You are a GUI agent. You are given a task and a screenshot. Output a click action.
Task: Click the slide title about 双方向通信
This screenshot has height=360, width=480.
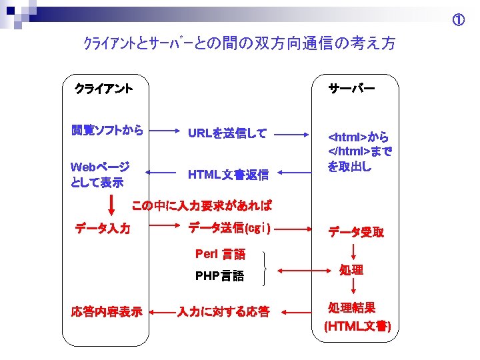pos(239,44)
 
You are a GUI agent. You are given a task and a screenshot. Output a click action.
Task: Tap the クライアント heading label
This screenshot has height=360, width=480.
pos(103,87)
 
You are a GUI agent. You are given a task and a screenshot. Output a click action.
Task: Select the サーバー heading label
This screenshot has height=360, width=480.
pos(351,87)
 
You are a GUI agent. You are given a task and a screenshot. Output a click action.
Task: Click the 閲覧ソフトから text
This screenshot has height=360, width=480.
pos(107,131)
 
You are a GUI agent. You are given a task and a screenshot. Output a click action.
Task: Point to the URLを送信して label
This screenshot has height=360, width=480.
pos(227,133)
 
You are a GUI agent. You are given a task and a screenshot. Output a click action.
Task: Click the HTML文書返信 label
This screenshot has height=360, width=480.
pos(228,175)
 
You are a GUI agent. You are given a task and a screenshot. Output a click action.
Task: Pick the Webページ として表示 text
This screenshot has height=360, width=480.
pos(100,173)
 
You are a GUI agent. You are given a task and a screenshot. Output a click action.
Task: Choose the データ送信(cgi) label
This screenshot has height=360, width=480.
pos(229,228)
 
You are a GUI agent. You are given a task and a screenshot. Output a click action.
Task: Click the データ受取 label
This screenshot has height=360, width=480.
pos(355,232)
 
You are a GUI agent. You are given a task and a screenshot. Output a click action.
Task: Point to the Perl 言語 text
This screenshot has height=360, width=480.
pos(220,253)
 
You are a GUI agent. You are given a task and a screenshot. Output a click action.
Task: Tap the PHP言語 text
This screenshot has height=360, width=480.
pos(219,275)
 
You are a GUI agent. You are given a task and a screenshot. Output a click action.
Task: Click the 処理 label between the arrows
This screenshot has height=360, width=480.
pos(351,269)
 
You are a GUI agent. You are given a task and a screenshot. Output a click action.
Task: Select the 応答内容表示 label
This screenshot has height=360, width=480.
pos(107,311)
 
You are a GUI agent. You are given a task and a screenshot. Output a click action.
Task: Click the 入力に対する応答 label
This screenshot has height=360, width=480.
pos(223,311)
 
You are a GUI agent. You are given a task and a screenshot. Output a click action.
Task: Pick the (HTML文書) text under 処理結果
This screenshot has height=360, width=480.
pos(357,327)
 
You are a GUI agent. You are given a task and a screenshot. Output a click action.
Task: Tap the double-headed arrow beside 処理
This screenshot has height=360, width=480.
pos(303,271)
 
